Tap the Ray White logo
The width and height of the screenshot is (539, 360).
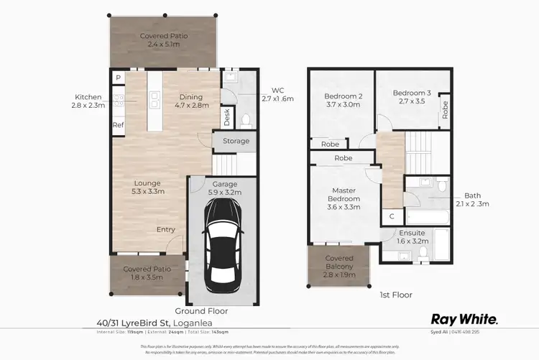tap(464, 318)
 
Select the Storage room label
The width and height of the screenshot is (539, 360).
tap(236, 141)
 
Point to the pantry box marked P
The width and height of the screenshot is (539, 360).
tap(117, 78)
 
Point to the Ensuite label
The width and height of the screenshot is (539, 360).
tap(413, 233)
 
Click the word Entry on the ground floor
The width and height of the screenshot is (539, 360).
tap(165, 229)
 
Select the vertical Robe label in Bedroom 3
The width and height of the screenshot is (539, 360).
tap(445, 109)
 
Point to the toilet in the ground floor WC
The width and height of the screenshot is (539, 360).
tap(244, 119)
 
